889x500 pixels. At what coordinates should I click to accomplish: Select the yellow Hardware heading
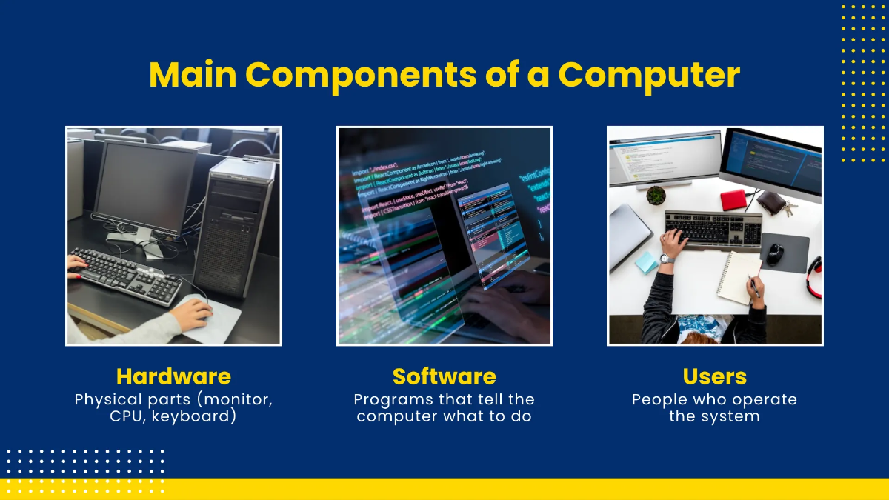pyautogui.click(x=173, y=376)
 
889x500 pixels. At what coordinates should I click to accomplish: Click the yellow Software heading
pyautogui.click(x=444, y=376)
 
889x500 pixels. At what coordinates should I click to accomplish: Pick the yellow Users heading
pyautogui.click(x=714, y=376)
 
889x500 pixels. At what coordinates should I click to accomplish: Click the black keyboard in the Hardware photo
pyautogui.click(x=126, y=274)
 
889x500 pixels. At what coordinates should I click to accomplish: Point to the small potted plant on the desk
pyautogui.click(x=656, y=196)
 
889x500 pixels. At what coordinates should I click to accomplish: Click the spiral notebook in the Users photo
pyautogui.click(x=737, y=277)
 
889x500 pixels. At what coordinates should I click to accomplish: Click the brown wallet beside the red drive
pyautogui.click(x=770, y=201)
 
